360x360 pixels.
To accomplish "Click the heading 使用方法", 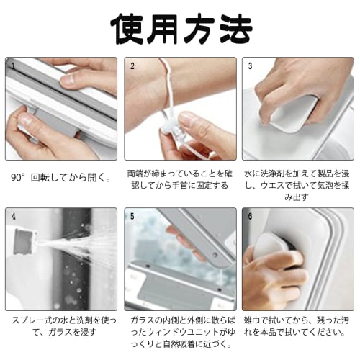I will coord(181,27).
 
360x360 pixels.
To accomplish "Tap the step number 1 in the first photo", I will coord(13,66).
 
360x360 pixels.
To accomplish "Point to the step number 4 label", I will coord(13,215).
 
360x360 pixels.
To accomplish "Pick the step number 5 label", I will coord(132,215).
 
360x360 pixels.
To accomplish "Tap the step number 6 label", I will coord(250,215).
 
